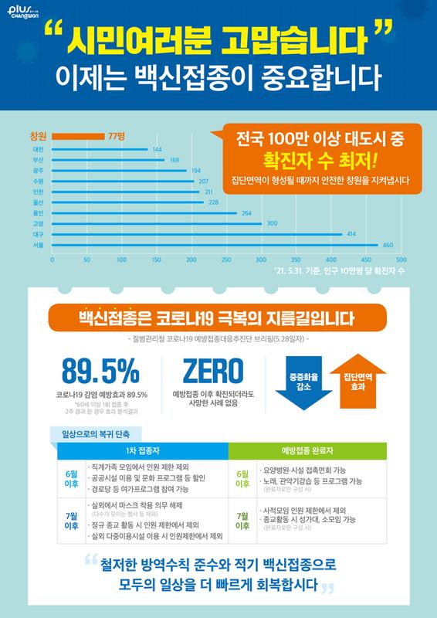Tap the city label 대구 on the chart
38,233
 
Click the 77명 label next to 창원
117,135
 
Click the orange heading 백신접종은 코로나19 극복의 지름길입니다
218,317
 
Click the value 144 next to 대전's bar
157,148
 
